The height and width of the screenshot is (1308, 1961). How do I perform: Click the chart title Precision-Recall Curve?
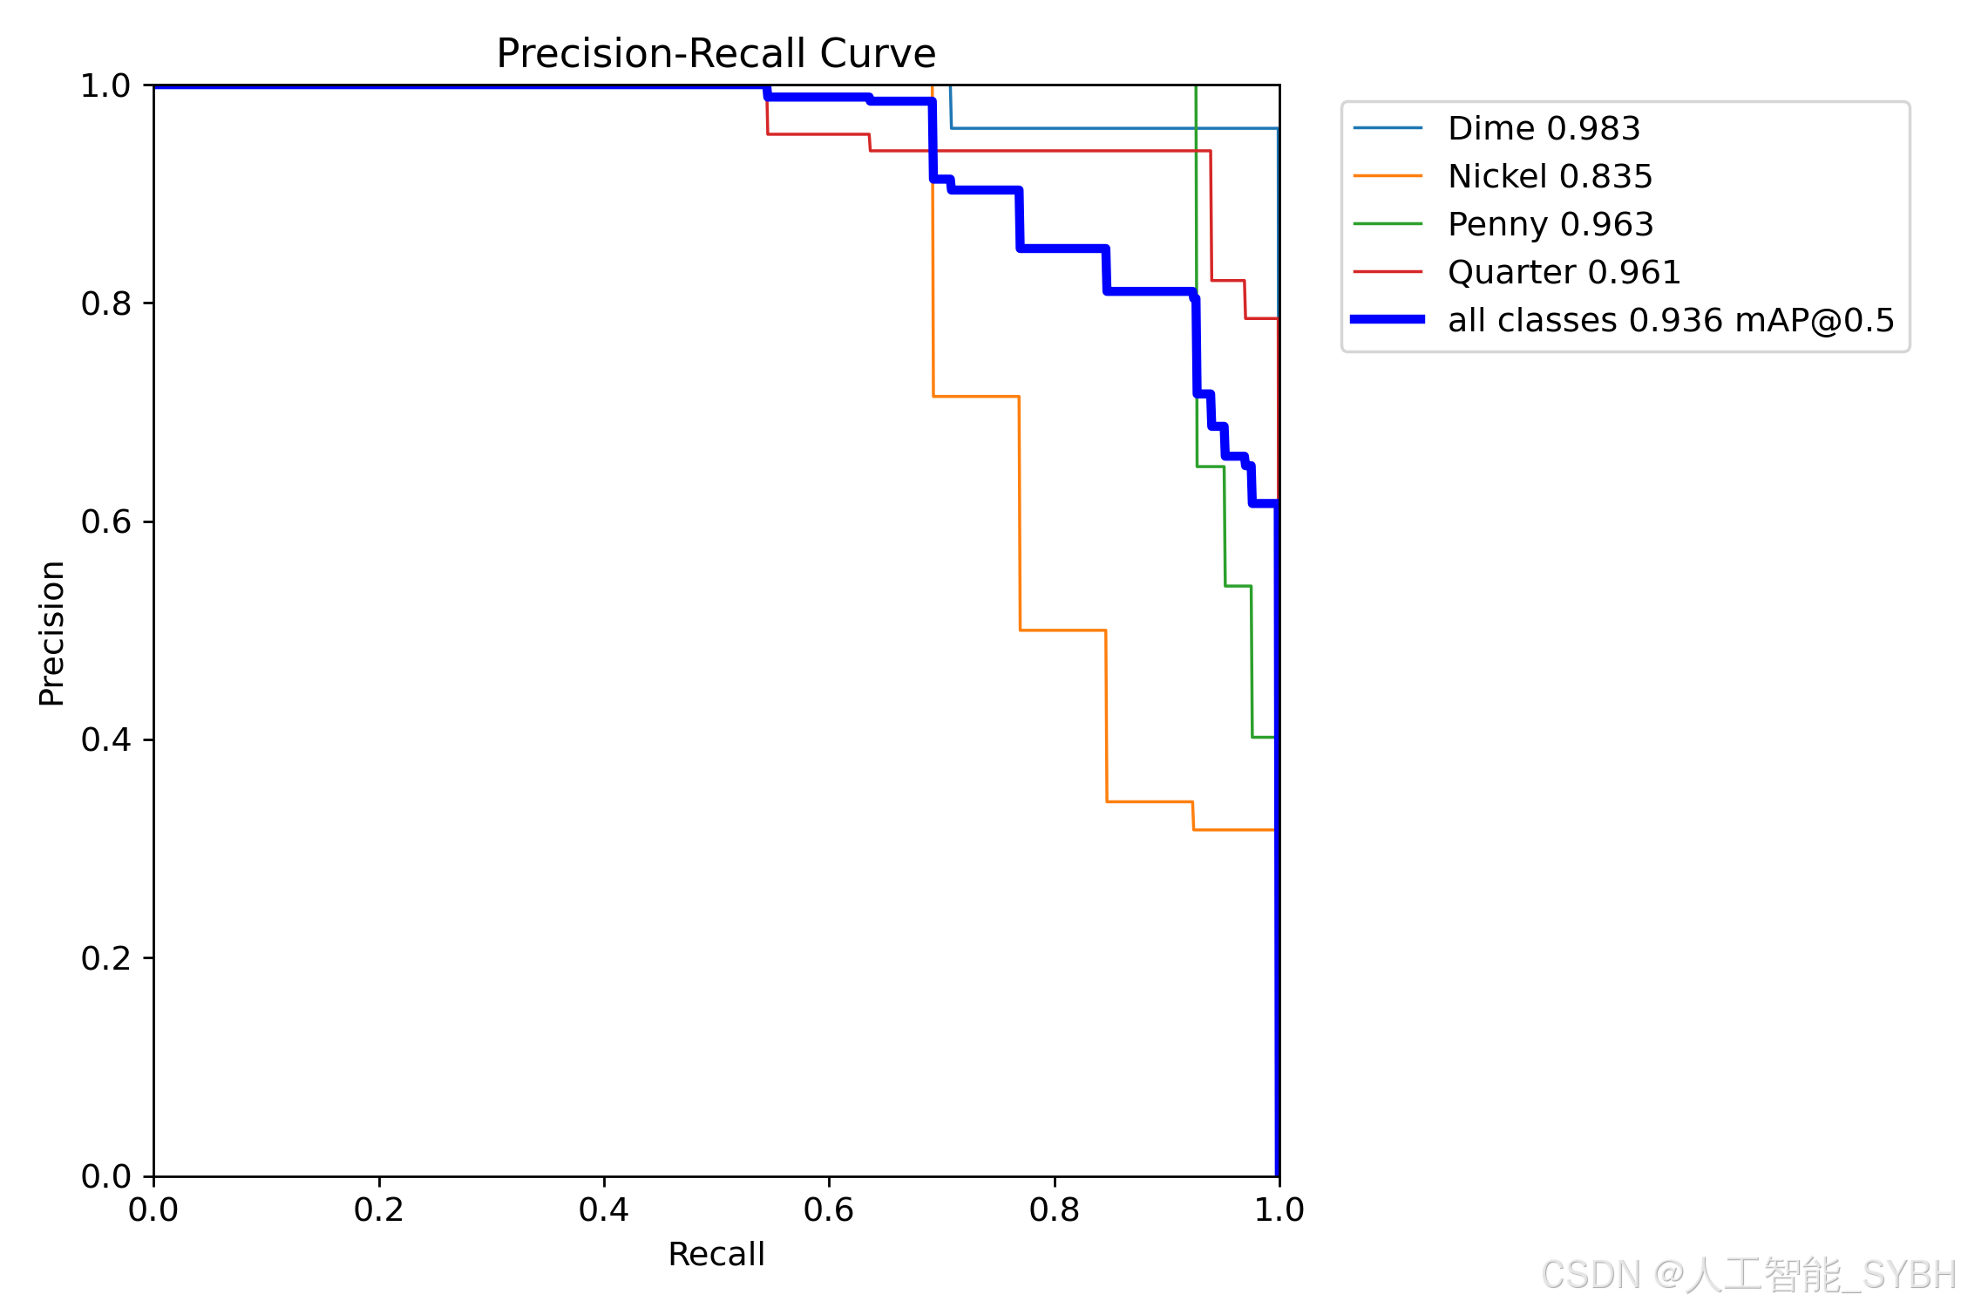(716, 53)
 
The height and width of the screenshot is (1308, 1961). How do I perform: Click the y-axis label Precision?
(51, 633)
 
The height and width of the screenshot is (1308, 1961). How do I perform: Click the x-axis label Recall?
(716, 1254)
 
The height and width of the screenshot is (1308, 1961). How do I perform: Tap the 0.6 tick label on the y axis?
(105, 521)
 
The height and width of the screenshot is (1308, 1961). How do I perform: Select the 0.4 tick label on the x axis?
(604, 1209)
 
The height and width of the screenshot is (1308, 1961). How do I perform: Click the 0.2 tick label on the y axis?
(105, 958)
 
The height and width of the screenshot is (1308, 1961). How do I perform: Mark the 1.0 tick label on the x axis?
(1279, 1209)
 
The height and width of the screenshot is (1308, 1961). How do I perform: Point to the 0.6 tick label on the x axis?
(829, 1209)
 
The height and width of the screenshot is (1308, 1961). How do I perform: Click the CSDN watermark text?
(1748, 1275)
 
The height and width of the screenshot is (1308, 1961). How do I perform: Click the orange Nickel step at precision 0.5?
(1063, 630)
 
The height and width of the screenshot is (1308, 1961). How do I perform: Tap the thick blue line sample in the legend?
(1388, 319)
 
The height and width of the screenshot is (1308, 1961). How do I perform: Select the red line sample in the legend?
(1388, 272)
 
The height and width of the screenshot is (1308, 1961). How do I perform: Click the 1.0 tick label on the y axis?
(105, 85)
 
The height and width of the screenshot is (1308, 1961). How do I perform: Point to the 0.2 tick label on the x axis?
(379, 1209)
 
